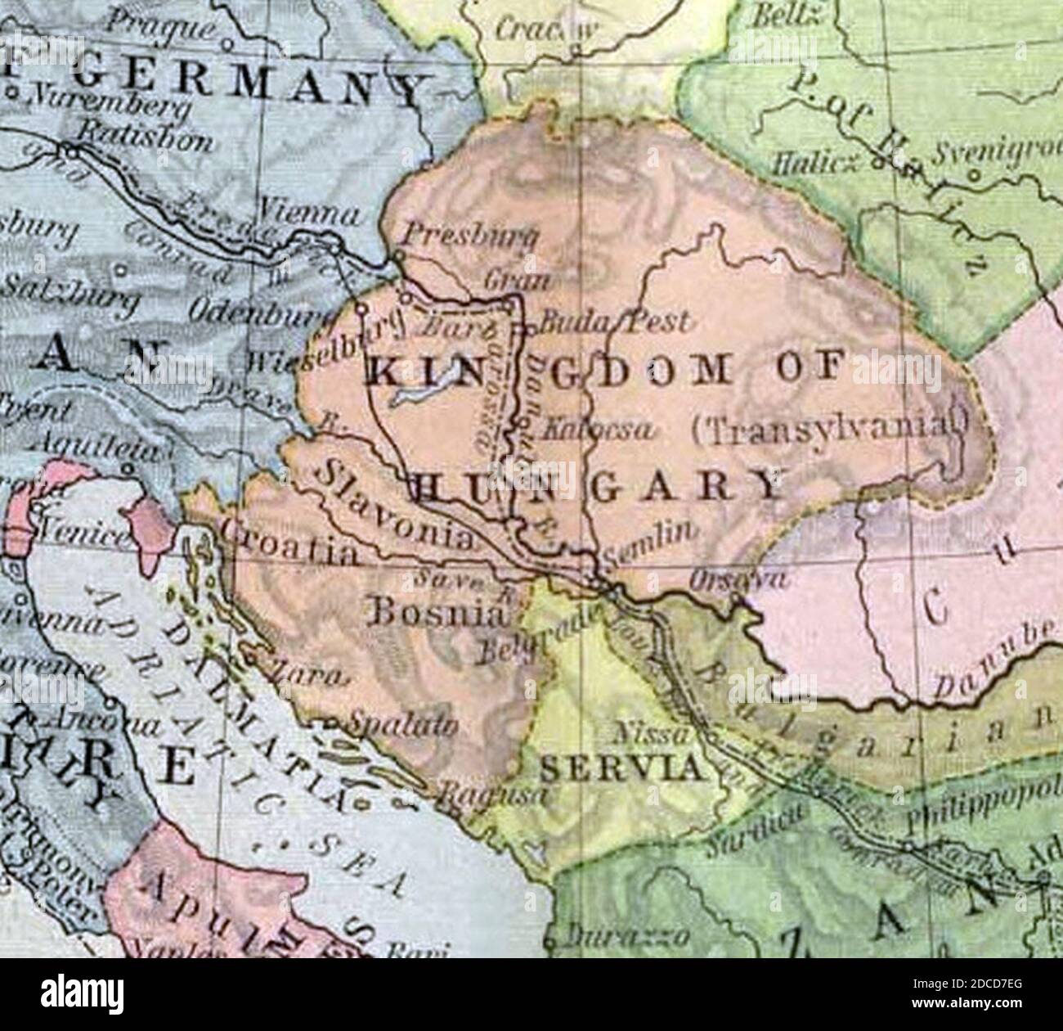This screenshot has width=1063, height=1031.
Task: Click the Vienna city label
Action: (310, 214)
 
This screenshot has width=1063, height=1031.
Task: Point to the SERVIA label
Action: (622, 769)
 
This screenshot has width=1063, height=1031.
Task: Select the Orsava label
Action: (739, 580)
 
